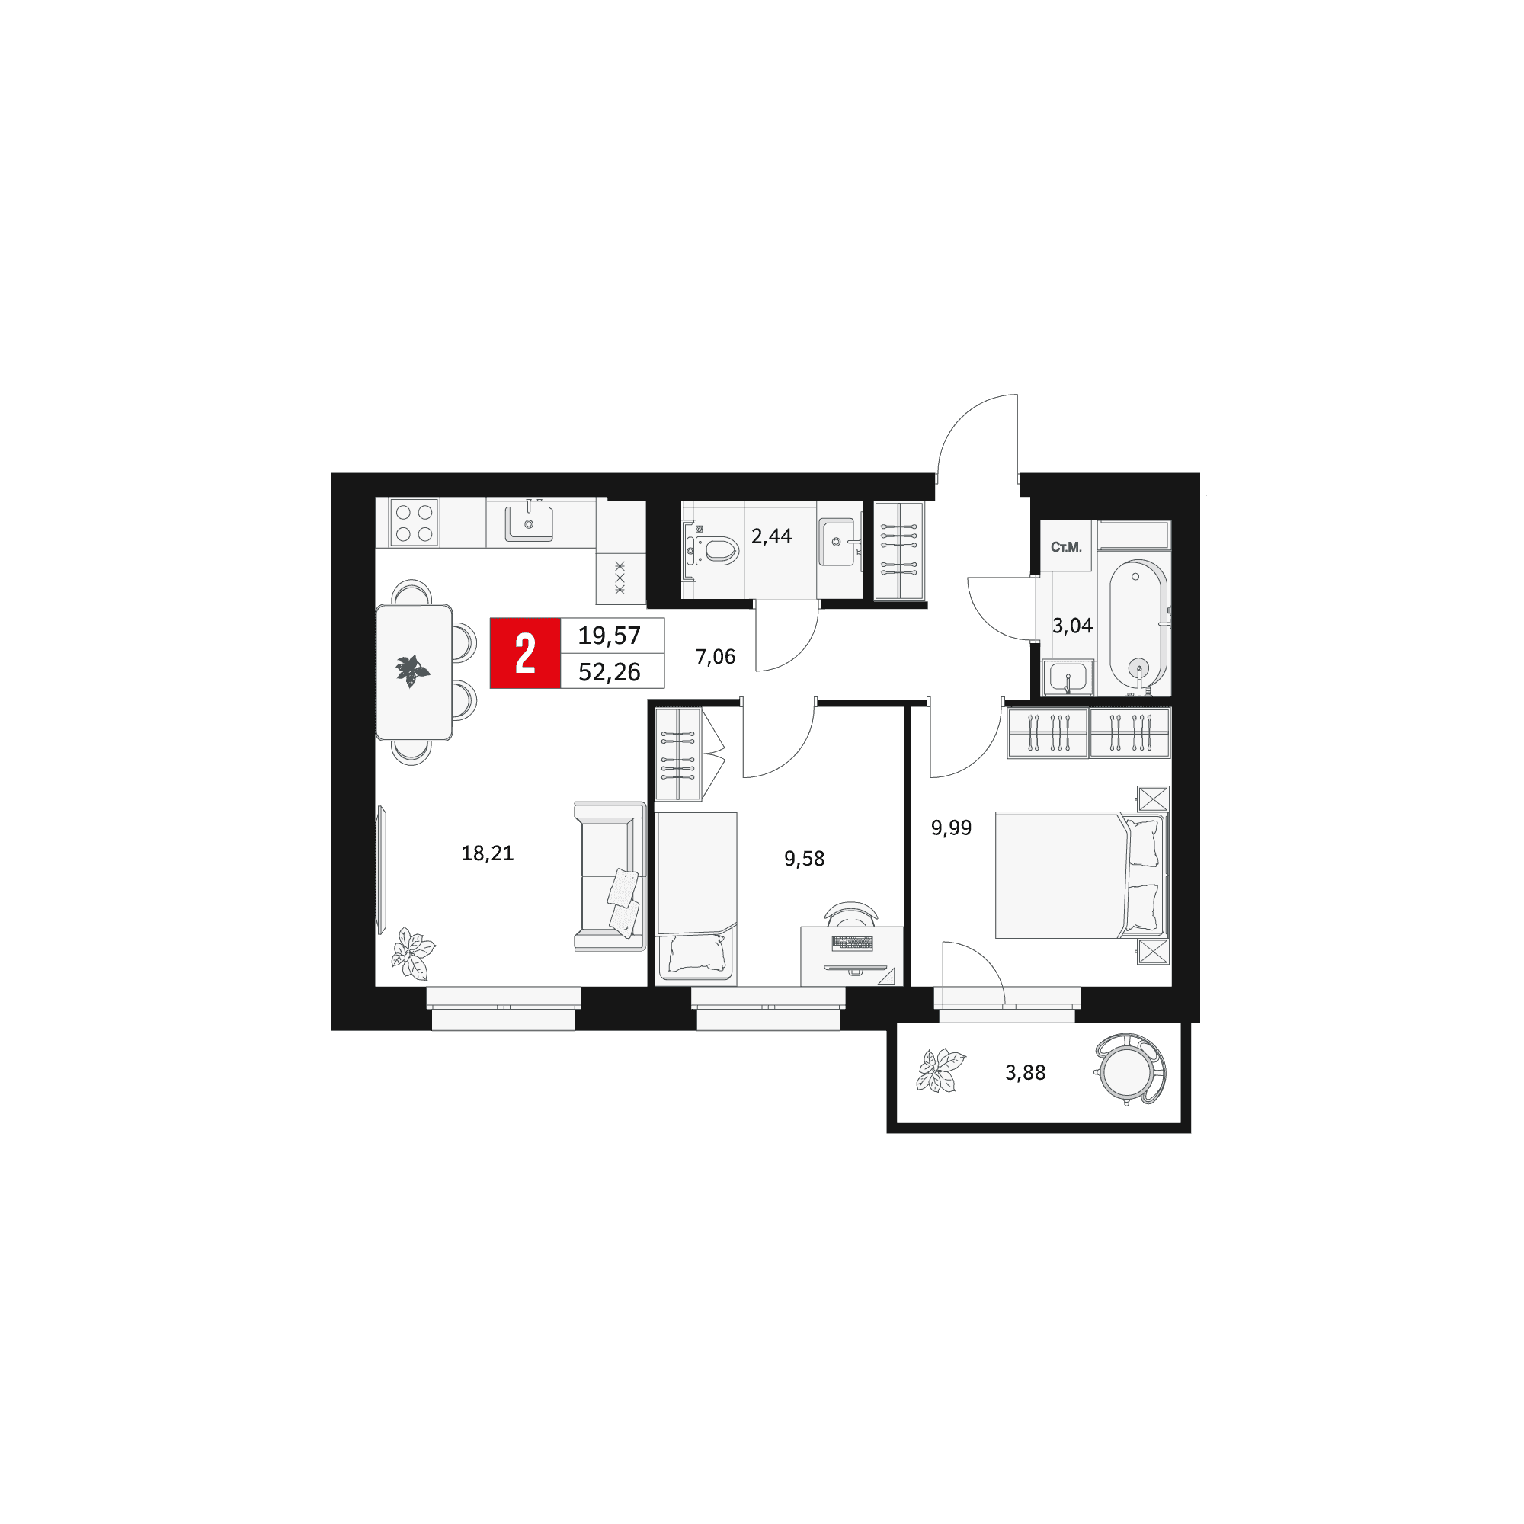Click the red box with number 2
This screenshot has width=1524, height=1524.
[524, 653]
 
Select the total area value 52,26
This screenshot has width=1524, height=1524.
[609, 672]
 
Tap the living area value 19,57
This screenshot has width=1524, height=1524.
[609, 635]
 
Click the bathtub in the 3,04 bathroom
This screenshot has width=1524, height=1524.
[1138, 627]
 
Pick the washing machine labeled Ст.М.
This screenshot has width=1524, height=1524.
[1066, 546]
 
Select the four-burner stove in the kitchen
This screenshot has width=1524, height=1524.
[414, 522]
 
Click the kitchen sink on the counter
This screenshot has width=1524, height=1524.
[529, 523]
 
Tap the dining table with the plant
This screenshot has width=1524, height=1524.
[414, 672]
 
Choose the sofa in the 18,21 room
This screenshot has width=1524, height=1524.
[610, 876]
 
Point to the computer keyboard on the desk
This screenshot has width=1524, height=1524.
[852, 942]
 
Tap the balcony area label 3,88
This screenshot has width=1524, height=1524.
[1026, 1072]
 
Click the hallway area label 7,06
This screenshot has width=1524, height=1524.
[716, 656]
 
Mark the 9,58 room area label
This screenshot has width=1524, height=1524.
[805, 858]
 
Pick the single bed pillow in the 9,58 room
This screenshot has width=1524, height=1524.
[696, 953]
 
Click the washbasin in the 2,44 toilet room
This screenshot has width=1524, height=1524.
[837, 542]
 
